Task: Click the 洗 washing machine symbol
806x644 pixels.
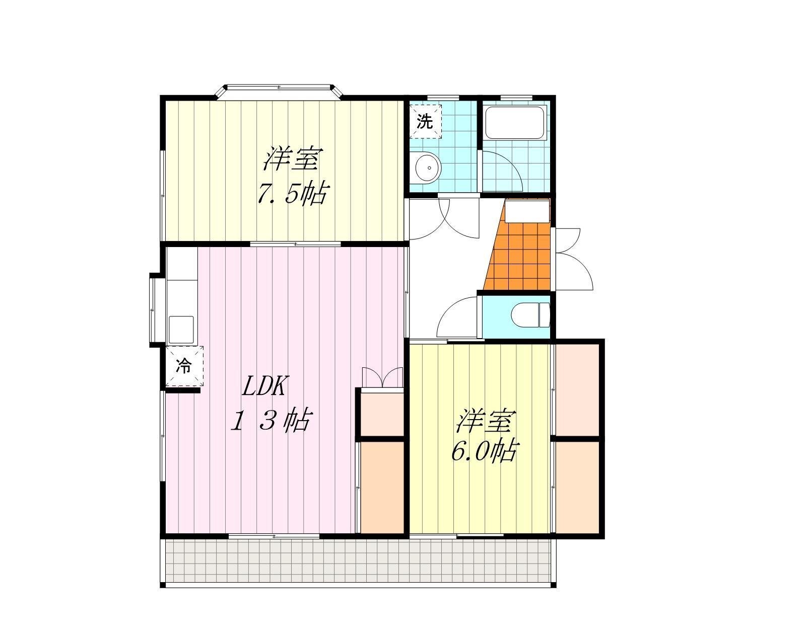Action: tap(425, 122)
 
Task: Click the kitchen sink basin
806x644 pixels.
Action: tap(181, 330)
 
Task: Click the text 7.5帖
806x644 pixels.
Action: tap(292, 193)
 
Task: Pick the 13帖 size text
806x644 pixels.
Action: tap(271, 420)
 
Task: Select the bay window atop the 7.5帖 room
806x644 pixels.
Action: tap(279, 92)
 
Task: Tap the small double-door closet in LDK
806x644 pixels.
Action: tap(382, 378)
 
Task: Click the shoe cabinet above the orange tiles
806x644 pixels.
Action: tap(527, 211)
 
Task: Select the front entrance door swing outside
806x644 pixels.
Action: tap(573, 259)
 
